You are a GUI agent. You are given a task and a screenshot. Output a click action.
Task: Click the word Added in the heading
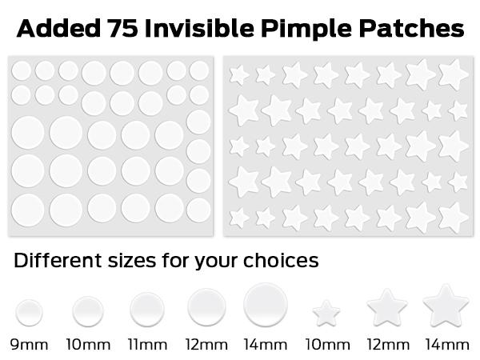pos(58,28)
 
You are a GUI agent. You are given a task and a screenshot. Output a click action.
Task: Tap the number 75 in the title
pos(122,29)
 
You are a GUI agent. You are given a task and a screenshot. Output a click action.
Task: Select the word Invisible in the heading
pos(199,28)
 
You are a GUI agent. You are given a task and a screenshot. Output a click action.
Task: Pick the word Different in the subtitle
pos(58,260)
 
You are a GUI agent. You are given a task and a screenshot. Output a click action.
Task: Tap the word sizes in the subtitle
pos(132,261)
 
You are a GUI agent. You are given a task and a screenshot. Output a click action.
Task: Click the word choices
pos(281,260)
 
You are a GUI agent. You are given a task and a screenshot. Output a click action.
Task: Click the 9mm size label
pos(29,345)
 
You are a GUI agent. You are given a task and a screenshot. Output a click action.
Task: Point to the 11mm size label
pos(147,345)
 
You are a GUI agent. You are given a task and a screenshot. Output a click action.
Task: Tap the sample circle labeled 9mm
pos(29,313)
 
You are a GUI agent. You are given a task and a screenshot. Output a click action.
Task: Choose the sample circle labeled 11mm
pos(147,309)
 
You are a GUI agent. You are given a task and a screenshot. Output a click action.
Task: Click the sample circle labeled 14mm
pos(266,305)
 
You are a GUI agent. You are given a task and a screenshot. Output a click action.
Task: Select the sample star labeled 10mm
pos(326,313)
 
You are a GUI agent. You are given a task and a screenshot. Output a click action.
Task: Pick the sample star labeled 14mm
pos(446,306)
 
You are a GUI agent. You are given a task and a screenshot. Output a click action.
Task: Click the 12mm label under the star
pos(388,345)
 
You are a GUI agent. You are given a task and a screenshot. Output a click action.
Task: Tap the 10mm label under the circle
pos(89,345)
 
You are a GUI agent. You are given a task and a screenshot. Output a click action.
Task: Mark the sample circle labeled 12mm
pos(206,307)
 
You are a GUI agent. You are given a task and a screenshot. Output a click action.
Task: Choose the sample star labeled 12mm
pos(387,308)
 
